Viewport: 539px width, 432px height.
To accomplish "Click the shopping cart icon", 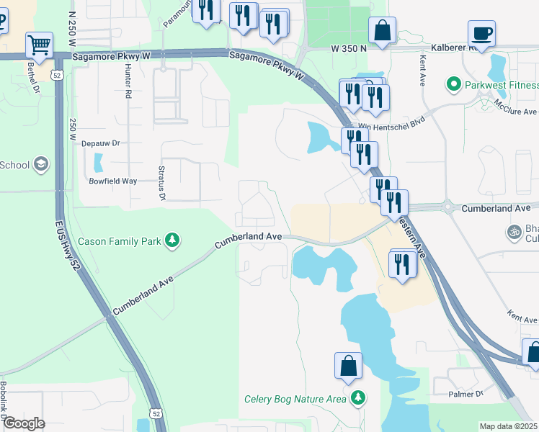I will pos(39,45).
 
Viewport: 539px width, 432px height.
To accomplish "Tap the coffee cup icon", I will pos(481,32).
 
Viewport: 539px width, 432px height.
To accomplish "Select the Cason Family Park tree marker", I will pos(172,240).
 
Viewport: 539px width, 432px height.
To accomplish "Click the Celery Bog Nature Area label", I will pos(295,399).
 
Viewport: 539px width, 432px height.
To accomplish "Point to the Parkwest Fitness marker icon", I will pos(454,85).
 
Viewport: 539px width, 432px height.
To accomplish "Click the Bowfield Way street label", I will pos(112,181).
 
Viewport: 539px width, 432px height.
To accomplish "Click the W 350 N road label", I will pos(349,48).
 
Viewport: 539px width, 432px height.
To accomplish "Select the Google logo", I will pos(24,423).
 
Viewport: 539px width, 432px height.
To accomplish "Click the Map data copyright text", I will pos(509,426).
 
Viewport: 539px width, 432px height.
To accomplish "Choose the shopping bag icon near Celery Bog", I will pos(348,365).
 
